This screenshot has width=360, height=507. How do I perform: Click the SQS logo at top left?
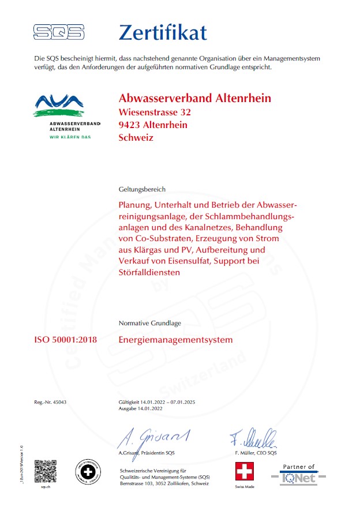(58, 32)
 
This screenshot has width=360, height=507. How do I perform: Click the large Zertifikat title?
(162, 32)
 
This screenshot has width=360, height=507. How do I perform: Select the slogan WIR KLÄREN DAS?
(70, 137)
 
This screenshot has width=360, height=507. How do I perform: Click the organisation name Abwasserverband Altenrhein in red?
(194, 98)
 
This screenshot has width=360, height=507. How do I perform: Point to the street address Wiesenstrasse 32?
(154, 112)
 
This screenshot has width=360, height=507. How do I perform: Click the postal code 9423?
(129, 125)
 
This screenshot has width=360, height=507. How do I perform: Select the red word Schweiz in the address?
(136, 137)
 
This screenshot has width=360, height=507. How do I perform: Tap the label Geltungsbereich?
(142, 189)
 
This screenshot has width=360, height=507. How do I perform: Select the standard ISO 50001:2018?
(66, 340)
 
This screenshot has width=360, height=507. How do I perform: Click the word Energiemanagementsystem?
(175, 340)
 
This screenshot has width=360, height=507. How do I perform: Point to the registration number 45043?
(59, 401)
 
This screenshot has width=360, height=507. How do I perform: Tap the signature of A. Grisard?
(153, 438)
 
